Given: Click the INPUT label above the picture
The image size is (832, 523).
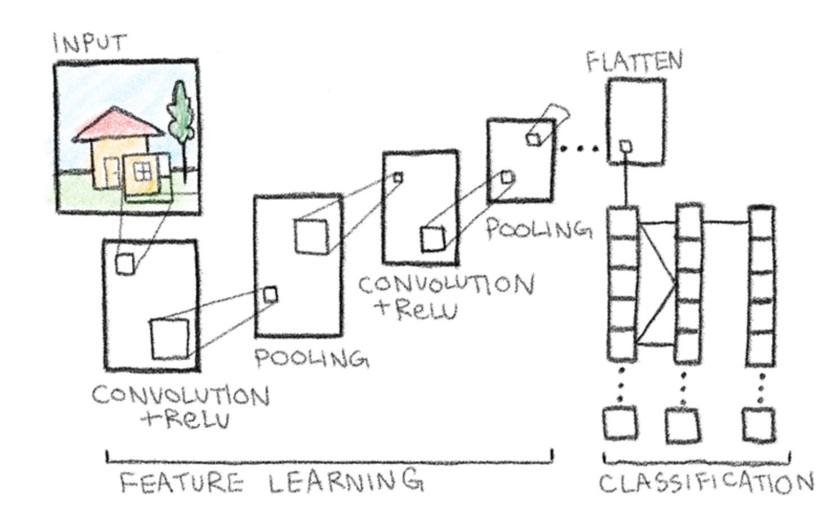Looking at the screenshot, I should click(90, 43).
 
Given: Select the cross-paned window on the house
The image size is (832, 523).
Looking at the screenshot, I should click(143, 171).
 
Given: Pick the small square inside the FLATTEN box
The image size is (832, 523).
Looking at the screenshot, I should click(625, 146).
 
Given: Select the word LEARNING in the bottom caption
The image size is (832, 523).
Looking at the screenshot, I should click(345, 481).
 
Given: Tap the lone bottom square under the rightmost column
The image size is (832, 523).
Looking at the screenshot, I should click(758, 425).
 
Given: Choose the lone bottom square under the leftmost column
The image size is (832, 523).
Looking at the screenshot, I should click(620, 424).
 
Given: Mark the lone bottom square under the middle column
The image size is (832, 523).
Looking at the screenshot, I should click(683, 426).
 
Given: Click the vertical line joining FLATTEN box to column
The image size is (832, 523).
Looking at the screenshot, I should click(624, 185).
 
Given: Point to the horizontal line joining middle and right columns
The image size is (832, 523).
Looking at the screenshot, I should click(725, 222).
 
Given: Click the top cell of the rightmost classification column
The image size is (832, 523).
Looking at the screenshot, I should click(761, 224).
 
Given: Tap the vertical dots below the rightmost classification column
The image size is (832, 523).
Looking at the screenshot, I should click(761, 387).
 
